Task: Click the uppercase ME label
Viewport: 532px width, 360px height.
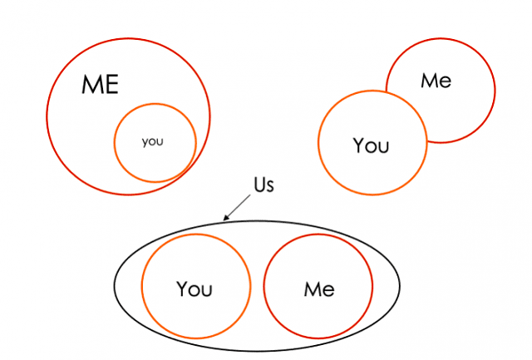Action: (x=100, y=85)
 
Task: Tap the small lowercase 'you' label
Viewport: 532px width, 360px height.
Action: (x=153, y=141)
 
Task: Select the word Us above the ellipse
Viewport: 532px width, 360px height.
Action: (x=264, y=185)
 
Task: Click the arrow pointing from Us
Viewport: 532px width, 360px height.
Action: (x=237, y=207)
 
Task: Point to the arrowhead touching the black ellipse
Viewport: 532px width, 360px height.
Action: (x=225, y=218)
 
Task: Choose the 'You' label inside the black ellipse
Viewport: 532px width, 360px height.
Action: (x=195, y=289)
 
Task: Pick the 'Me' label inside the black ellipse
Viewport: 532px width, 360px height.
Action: (x=319, y=289)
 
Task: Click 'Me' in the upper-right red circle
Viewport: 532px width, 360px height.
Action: (x=436, y=81)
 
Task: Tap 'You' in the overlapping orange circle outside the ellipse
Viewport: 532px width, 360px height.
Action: (x=371, y=145)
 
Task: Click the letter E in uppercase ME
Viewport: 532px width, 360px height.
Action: (x=111, y=85)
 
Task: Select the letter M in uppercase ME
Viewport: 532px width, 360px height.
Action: (x=91, y=85)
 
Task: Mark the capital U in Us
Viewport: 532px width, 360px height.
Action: (x=259, y=185)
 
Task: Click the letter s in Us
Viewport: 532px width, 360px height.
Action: (x=270, y=187)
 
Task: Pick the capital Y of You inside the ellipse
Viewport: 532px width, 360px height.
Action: (x=182, y=289)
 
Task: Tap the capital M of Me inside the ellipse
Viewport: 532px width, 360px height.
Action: (x=313, y=289)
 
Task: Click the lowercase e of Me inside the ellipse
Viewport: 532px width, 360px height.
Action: (x=329, y=292)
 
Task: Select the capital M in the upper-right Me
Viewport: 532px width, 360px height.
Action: (x=429, y=81)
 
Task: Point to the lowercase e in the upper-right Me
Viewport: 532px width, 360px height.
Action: (x=446, y=83)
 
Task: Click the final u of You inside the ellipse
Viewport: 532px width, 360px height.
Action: (x=207, y=292)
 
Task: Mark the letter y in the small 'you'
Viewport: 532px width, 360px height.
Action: (x=145, y=142)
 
